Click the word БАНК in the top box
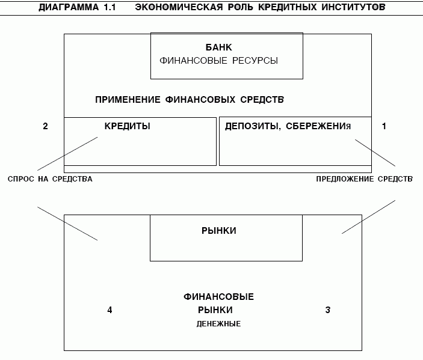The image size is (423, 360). (x=218, y=47)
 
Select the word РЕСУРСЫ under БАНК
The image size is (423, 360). (x=255, y=61)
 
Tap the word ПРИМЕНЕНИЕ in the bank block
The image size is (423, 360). (x=128, y=100)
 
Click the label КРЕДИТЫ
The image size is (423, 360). (x=128, y=126)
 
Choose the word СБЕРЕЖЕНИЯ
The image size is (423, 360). (x=318, y=126)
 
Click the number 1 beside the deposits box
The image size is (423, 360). (x=384, y=126)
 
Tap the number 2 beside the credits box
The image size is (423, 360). (x=45, y=126)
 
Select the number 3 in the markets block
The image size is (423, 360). (x=327, y=310)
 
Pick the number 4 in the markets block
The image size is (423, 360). (x=110, y=310)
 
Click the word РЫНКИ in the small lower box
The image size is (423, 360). (x=219, y=231)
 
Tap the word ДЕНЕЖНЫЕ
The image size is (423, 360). (x=218, y=323)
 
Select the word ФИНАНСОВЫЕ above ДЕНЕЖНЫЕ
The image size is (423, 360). (x=218, y=297)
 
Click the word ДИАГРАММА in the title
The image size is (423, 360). (x=69, y=7)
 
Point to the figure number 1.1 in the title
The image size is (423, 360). (x=110, y=7)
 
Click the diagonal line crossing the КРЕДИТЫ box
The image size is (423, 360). (x=67, y=154)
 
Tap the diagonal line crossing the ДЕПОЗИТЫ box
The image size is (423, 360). (x=375, y=153)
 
